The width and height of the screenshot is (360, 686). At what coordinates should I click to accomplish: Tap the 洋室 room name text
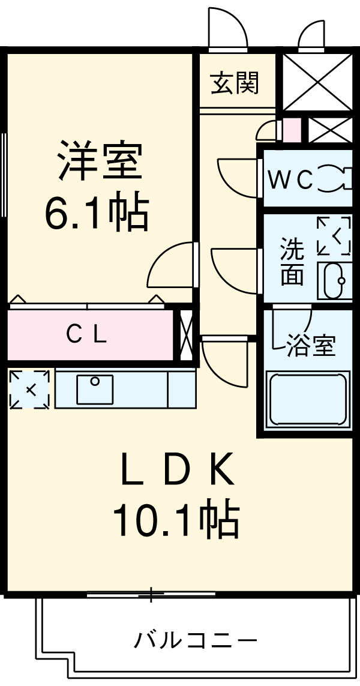[100, 160]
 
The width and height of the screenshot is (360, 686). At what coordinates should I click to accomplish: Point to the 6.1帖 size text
[97, 213]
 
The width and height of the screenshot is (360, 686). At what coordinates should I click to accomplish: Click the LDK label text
[177, 472]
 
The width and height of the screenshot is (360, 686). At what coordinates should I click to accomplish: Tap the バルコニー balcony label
[196, 640]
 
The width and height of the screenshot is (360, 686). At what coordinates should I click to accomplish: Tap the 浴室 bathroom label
[310, 346]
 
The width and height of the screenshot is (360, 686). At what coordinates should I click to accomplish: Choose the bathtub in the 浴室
[308, 399]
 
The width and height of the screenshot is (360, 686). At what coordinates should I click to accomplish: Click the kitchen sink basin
[95, 388]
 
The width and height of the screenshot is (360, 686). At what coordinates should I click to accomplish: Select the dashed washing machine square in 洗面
[334, 235]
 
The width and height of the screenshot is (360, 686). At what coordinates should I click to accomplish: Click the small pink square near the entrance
[291, 130]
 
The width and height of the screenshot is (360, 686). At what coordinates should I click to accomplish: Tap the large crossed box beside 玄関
[317, 82]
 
